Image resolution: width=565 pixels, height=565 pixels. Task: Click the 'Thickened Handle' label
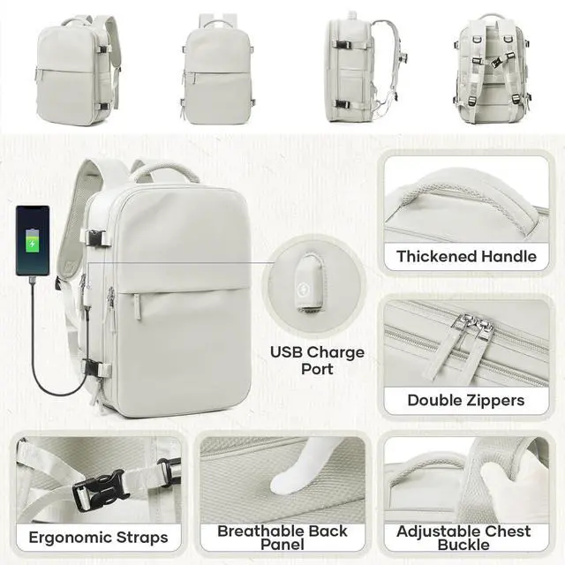(466, 257)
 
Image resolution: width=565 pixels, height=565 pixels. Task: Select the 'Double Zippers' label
(466, 400)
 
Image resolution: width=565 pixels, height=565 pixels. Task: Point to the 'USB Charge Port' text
(317, 360)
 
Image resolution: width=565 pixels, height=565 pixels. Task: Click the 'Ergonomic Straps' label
(98, 537)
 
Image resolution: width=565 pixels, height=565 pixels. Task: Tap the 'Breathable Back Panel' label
(282, 538)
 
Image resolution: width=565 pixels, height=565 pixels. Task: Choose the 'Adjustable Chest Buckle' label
(463, 538)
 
